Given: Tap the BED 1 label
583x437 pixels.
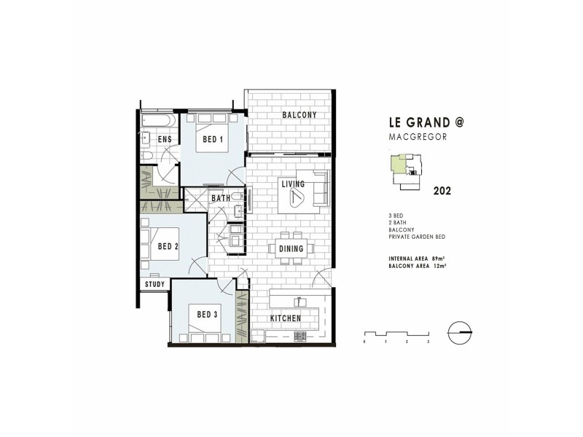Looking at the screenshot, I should coord(211,140).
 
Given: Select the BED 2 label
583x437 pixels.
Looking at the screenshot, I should coord(168,247).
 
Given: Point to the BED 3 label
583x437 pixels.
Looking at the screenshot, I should coord(208,315).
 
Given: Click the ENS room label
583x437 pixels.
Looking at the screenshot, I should coord(165,139).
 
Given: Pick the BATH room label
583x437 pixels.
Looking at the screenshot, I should coord(221,198).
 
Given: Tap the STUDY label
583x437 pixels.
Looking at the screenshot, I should coord(154,284).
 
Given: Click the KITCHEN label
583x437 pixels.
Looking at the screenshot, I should coord(286,319).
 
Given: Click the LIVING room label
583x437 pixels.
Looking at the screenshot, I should coord(294,185).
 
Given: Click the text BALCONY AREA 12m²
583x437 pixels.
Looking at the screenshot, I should coord(418,267).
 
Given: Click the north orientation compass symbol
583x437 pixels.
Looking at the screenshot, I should coord(461,331).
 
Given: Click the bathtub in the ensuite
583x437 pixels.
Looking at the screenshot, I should coord(157,119).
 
